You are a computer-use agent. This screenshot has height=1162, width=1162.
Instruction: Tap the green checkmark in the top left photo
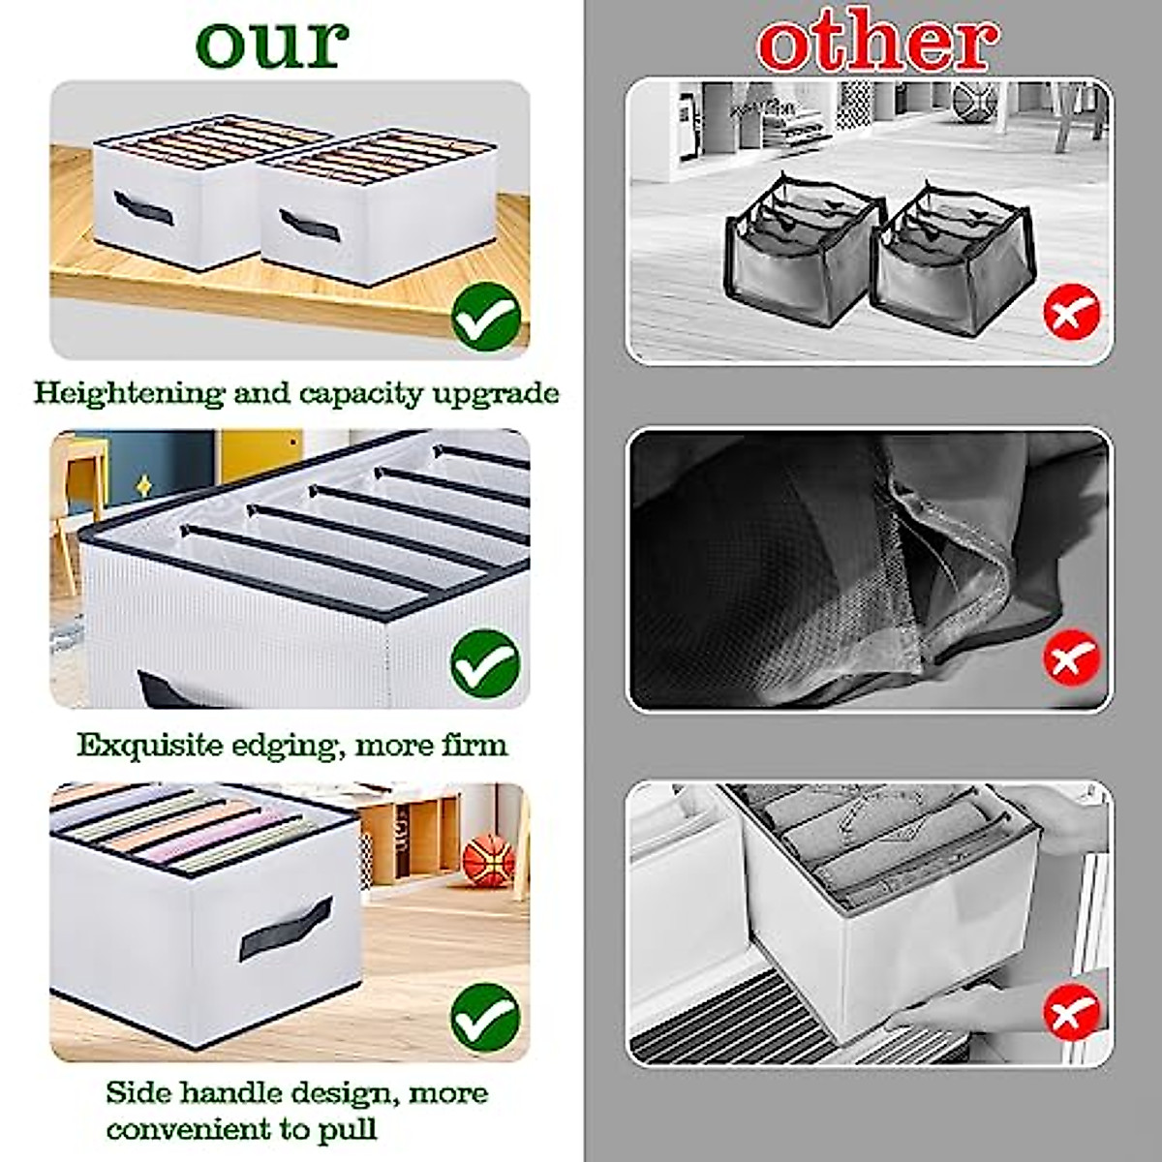click(x=485, y=315)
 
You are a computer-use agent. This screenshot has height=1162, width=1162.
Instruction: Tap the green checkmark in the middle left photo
click(x=485, y=664)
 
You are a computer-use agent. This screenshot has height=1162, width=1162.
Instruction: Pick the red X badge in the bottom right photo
click(x=1072, y=1013)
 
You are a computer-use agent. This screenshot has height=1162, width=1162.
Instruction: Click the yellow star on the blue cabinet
click(x=144, y=482)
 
